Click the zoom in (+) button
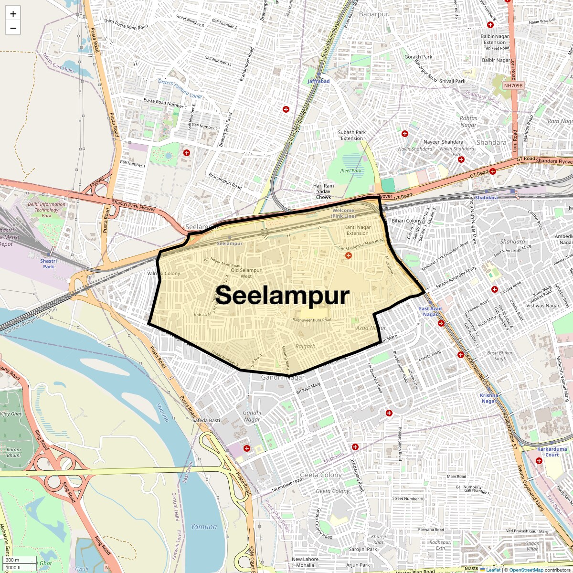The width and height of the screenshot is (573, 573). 13,14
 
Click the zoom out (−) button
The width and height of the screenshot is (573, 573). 13,28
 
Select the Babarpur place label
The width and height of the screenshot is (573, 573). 374,14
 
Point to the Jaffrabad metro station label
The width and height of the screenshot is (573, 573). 318,81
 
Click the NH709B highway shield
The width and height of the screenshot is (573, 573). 514,85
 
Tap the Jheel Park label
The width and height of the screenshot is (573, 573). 351,170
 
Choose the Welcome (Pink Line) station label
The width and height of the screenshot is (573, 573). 343,213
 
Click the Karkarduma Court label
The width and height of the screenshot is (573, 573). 552,452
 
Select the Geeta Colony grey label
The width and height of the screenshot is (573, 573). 321,475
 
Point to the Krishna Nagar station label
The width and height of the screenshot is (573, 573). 489,398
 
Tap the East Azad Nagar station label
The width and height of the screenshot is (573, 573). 430,311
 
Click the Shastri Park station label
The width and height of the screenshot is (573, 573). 48,264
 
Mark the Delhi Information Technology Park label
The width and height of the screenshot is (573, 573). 46,210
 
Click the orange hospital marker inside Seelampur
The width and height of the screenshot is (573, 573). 349,256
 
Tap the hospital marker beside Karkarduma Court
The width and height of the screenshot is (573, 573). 539,461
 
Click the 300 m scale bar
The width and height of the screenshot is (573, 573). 20,560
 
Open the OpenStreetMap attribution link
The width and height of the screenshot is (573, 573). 526,570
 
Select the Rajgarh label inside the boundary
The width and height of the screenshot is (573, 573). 306,346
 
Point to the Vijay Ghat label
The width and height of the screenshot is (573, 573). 11,414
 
